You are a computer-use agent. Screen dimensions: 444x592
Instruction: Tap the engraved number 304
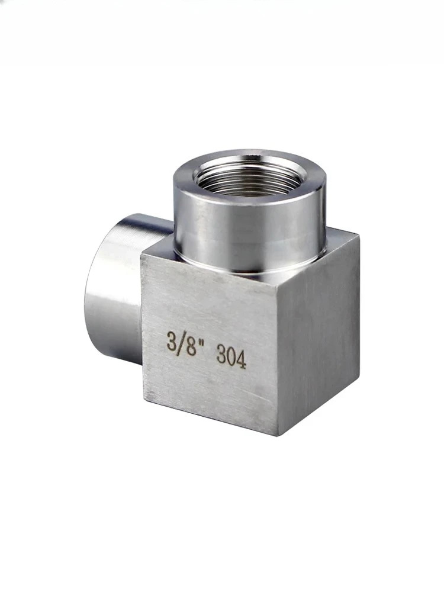click(x=231, y=357)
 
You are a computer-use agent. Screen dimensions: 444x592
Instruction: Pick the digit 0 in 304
click(x=231, y=357)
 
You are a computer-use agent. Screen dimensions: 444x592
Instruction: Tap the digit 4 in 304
click(x=242, y=360)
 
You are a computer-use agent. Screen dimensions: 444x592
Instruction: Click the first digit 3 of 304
click(x=221, y=355)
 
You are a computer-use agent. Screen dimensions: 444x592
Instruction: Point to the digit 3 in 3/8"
click(x=172, y=339)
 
